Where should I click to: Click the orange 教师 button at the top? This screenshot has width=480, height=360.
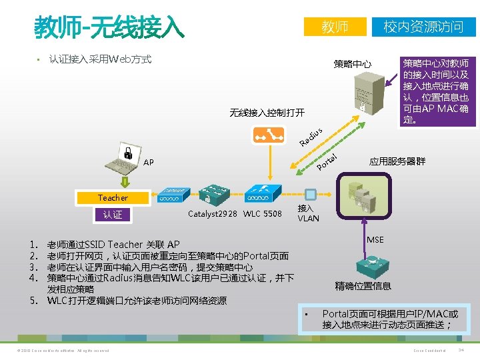(x=335, y=26)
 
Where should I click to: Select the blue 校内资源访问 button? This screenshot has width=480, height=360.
(x=423, y=26)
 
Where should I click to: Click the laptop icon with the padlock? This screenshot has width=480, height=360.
(x=124, y=158)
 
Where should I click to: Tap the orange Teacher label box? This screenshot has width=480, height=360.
(x=113, y=197)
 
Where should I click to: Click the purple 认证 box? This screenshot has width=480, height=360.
(x=113, y=215)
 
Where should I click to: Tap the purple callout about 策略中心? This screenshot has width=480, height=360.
(x=435, y=82)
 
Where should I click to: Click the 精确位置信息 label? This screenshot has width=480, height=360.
(x=363, y=286)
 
